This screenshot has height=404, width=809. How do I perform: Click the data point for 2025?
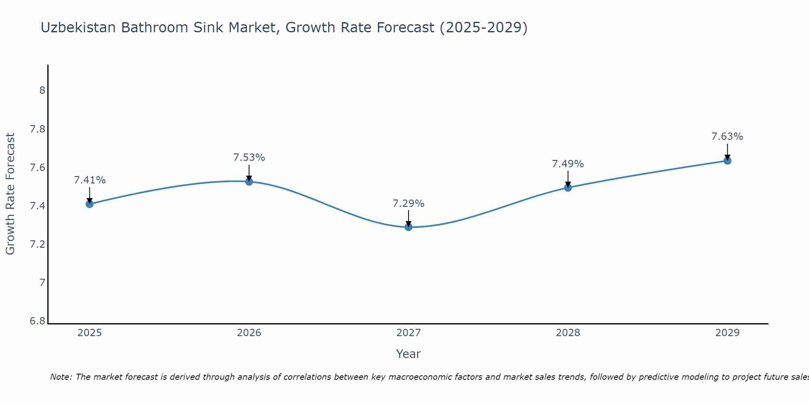click(x=89, y=204)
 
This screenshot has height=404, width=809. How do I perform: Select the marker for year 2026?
click(x=249, y=181)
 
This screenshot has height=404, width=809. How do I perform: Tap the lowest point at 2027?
click(x=409, y=227)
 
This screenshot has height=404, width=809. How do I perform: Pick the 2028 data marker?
click(x=568, y=187)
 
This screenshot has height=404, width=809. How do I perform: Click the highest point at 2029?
click(x=727, y=161)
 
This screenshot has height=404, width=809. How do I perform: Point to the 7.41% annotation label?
click(x=89, y=180)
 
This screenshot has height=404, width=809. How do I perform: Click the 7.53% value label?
click(x=249, y=158)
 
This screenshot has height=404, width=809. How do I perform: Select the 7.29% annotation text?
click(x=409, y=204)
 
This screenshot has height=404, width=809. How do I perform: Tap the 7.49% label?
click(x=568, y=164)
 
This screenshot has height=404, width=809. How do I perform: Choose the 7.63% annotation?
click(x=727, y=137)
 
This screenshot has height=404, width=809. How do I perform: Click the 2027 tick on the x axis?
click(x=409, y=333)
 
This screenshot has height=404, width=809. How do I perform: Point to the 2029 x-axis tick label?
click(x=727, y=333)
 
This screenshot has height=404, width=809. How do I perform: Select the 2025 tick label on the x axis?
click(x=89, y=333)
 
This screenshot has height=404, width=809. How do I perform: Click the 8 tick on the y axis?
click(x=42, y=90)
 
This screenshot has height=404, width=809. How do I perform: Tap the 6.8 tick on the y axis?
click(x=38, y=321)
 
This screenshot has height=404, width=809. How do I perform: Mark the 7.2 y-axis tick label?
click(x=38, y=244)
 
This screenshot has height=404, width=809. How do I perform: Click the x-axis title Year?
click(x=409, y=354)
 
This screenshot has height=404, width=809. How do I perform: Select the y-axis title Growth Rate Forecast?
click(x=10, y=194)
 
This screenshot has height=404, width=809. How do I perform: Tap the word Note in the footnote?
click(x=61, y=377)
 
